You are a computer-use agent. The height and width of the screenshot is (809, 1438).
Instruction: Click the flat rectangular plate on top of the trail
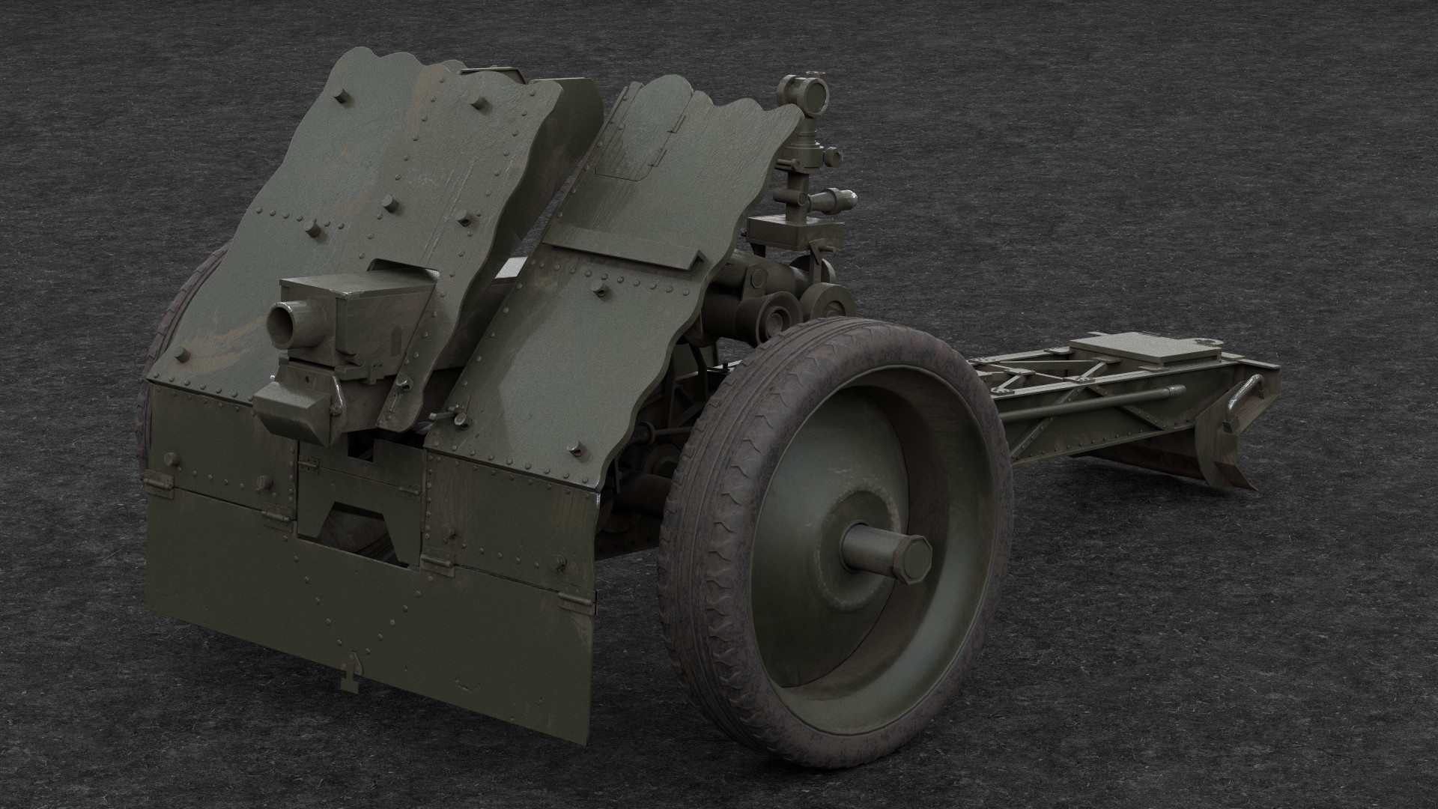click(1146, 351)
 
